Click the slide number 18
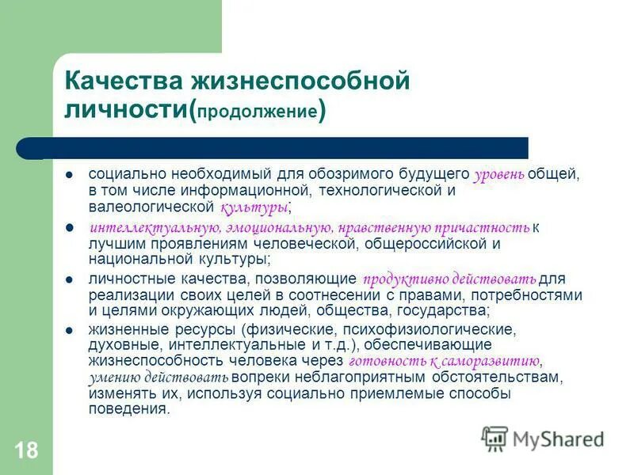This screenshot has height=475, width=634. (x=25, y=451)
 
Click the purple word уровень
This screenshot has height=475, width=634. (x=498, y=176)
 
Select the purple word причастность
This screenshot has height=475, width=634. (x=490, y=228)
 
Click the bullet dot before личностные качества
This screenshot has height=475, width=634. (x=70, y=280)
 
